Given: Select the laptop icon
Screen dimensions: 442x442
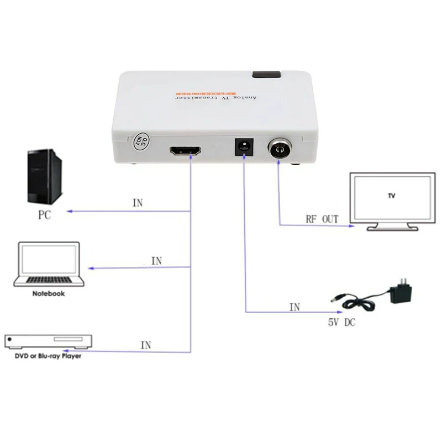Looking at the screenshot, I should point(50,264).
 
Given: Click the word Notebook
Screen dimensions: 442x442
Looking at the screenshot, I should point(48,293).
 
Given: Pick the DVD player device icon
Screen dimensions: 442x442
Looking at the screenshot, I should point(48,341).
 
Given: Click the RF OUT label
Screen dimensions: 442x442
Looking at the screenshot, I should point(322,219).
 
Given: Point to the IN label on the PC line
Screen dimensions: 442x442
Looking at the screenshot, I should point(138,203).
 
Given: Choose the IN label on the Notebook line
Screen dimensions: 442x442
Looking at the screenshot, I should point(156,261).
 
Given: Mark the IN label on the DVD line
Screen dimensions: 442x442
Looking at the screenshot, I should point(146,346).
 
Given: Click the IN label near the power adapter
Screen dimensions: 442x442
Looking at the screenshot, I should point(295,307).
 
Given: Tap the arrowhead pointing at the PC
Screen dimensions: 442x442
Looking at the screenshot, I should point(70,212).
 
